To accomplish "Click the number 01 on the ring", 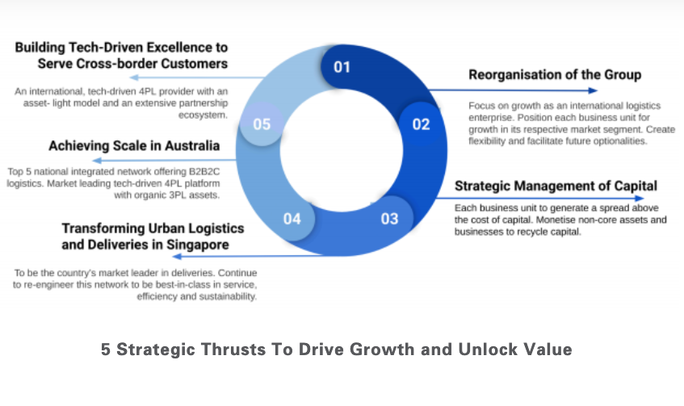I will [x=342, y=67].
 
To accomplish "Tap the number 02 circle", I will [x=422, y=124].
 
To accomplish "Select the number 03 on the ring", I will [x=390, y=218].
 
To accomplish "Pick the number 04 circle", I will [x=292, y=218].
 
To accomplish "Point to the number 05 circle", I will [x=262, y=124].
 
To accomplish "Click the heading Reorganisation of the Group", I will [x=555, y=75].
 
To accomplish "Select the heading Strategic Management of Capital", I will [x=556, y=186].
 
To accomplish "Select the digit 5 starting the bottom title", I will [x=106, y=350].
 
